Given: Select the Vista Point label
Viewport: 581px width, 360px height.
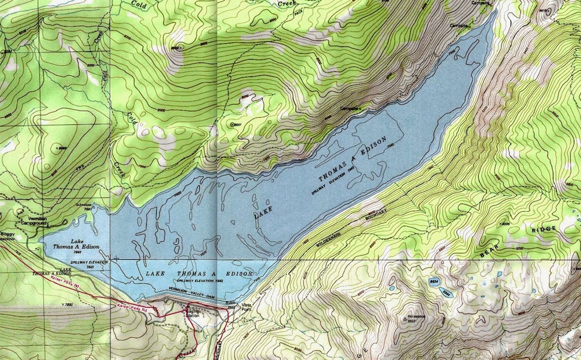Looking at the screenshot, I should point(247,307).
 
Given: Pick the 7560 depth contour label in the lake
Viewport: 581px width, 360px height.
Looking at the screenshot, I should point(392,146).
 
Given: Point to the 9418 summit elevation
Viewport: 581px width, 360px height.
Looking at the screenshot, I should point(544,10).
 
